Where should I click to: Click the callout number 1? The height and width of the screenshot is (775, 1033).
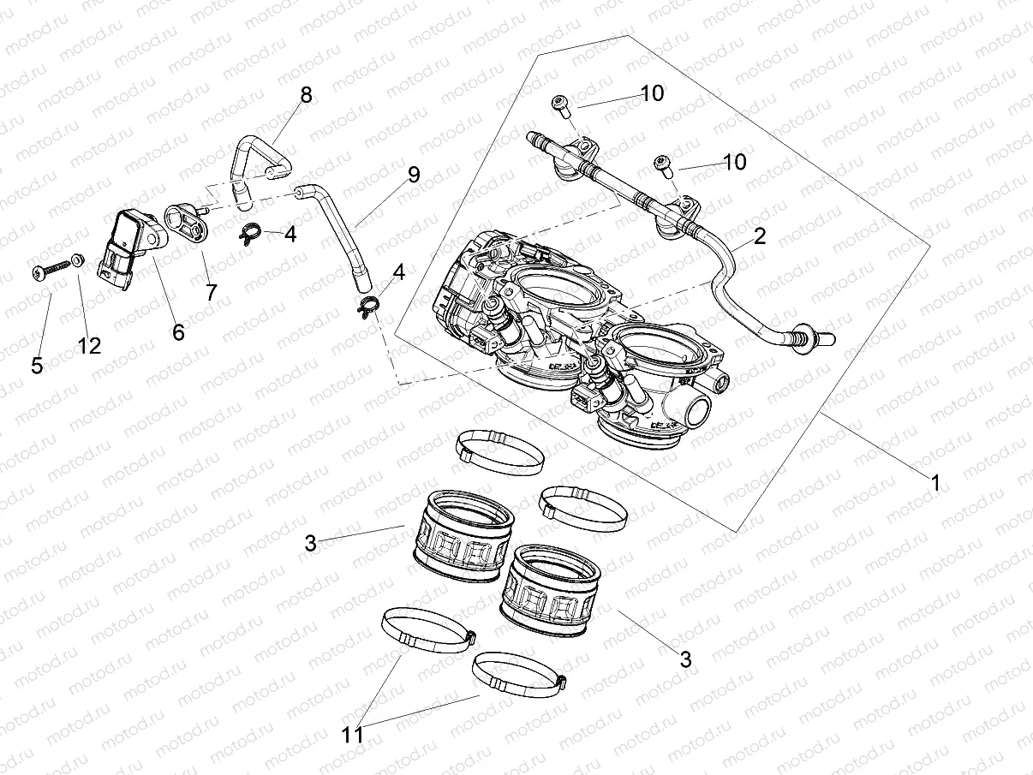pos(935,483)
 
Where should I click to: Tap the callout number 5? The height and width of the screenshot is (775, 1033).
pos(37,366)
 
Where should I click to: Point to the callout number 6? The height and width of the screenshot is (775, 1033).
pos(178,331)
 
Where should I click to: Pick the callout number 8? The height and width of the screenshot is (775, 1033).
pos(306,94)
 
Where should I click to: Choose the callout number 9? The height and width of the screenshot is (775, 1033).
pos(414,176)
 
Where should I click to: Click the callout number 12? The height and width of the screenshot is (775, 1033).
pos(89,345)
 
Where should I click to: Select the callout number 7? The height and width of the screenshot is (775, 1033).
pos(211,292)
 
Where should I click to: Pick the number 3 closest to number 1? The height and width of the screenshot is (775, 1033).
pos(685,659)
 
